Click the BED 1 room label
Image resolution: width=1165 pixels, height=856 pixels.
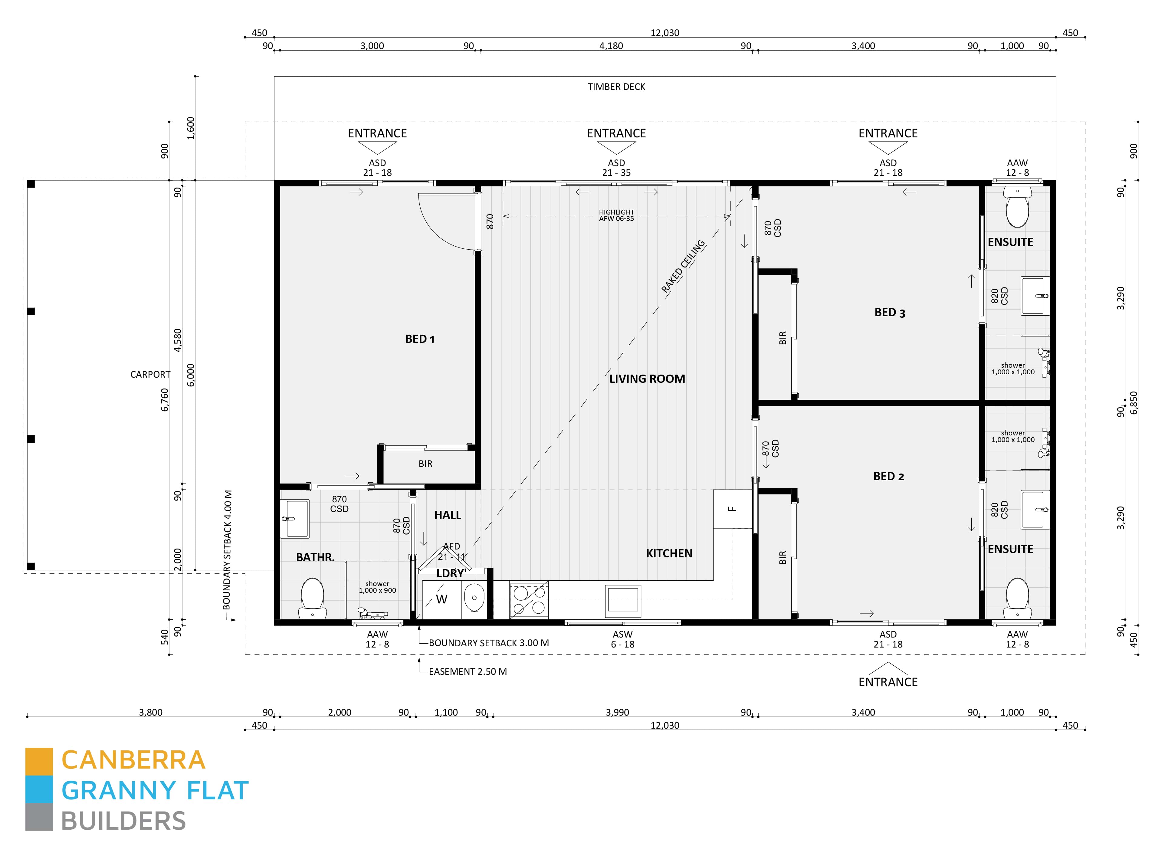click(x=420, y=339)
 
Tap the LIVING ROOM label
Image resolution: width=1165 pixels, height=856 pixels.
click(x=647, y=379)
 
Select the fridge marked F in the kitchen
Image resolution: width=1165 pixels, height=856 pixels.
click(x=732, y=509)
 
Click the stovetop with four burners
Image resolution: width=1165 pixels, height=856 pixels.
click(x=529, y=599)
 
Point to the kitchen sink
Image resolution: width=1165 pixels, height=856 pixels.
click(x=623, y=601)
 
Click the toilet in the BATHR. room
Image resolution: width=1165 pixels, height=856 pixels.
click(x=313, y=599)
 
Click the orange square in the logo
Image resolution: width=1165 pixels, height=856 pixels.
click(x=39, y=761)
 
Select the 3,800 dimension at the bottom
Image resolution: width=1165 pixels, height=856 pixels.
click(x=150, y=713)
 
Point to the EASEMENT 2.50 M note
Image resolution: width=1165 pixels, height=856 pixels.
click(x=468, y=671)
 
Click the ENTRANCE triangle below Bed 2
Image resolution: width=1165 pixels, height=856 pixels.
click(x=888, y=668)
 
